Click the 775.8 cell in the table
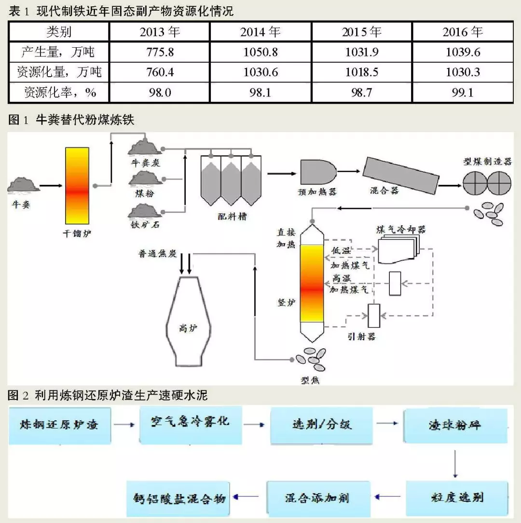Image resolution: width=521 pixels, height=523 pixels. point(160,52)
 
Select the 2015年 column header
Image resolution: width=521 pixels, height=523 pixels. point(362,32)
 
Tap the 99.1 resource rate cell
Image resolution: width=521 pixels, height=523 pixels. point(462,92)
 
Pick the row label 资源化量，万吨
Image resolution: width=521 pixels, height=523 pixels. point(59,72)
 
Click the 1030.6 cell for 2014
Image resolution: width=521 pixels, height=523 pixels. point(260,72)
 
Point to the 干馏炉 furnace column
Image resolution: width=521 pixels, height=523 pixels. point(77,185)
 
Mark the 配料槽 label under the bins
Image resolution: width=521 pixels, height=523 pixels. point(232,217)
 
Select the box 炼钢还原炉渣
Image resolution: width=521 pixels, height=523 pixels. point(59,425)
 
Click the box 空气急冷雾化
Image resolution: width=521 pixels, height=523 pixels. point(191,424)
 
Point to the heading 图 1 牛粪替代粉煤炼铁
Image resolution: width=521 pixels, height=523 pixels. point(71,121)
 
